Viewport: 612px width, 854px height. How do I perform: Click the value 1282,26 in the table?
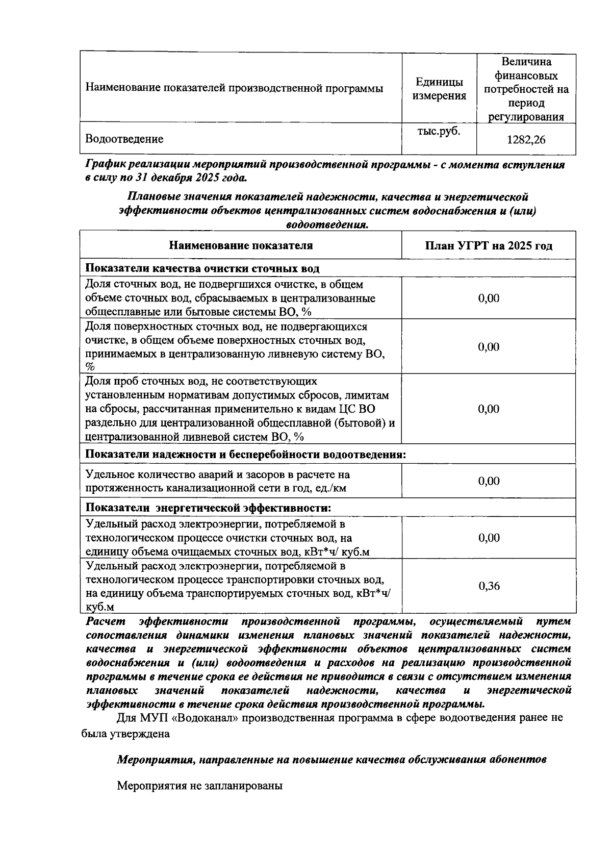[x=526, y=139]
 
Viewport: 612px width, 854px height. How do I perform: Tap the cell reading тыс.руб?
[x=439, y=131]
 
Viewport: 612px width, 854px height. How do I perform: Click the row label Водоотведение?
[x=124, y=139]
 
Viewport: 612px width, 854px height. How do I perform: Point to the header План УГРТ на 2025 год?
[x=489, y=245]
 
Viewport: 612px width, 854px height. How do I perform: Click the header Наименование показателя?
[x=241, y=245]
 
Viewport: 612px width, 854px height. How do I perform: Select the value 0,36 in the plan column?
[x=489, y=586]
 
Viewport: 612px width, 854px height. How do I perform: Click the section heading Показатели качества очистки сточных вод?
[x=202, y=268]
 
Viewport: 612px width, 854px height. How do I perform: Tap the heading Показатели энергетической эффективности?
[x=208, y=508]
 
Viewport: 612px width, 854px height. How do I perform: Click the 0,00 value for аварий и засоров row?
[x=489, y=481]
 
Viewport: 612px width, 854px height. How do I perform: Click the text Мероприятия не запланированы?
[x=199, y=786]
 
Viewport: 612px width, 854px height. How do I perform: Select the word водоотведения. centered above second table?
[x=327, y=225]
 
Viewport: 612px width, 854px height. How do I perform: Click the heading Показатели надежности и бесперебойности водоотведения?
[x=245, y=454]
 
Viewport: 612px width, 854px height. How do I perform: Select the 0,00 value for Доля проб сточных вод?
[x=489, y=409]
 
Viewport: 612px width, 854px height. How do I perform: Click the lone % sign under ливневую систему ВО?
[x=90, y=367]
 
